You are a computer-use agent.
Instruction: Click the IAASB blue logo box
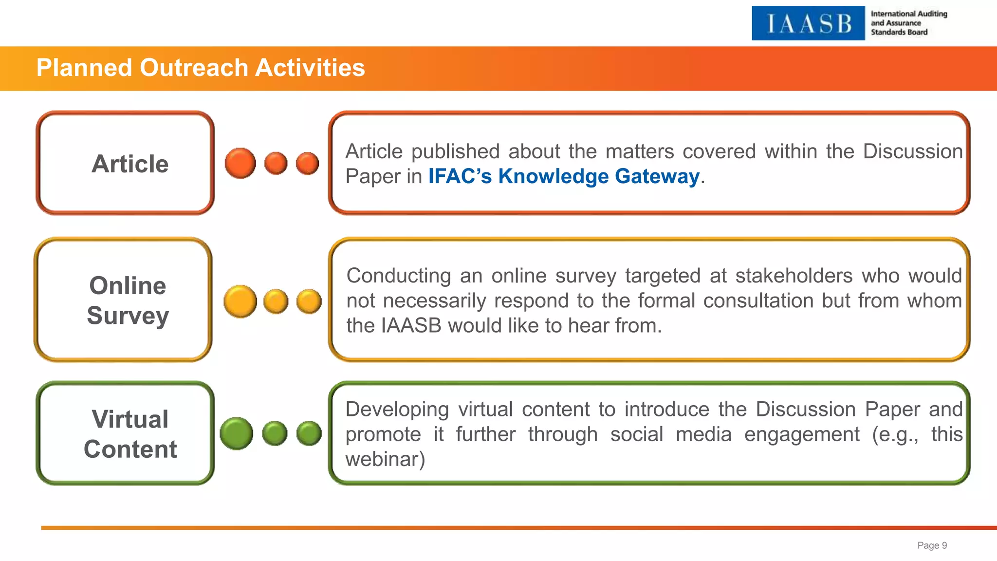click(808, 23)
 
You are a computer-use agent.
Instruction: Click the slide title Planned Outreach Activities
click(201, 68)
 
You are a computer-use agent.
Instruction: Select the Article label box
click(126, 163)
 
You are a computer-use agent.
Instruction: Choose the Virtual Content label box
click(126, 433)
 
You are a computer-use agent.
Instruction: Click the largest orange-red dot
click(240, 163)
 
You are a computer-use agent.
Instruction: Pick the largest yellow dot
click(240, 301)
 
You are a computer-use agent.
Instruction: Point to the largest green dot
click(237, 433)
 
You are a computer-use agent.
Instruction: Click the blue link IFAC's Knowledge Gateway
click(564, 176)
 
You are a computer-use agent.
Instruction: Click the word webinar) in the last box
click(385, 459)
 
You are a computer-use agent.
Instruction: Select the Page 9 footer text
click(932, 545)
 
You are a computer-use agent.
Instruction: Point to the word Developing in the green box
click(397, 410)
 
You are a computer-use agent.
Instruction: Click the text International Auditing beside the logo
click(909, 14)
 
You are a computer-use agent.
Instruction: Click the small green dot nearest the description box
click(309, 433)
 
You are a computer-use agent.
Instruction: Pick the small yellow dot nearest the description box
click(309, 301)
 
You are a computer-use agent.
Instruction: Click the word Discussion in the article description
click(913, 151)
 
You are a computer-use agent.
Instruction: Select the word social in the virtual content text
click(637, 434)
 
